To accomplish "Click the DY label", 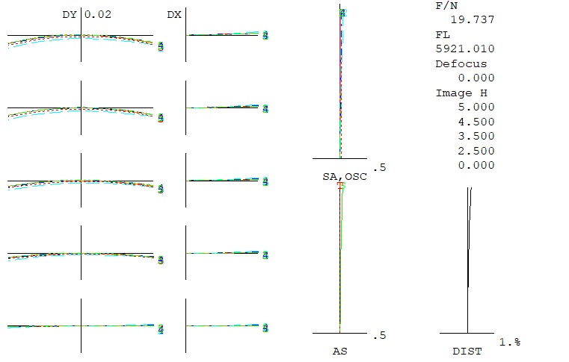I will [69, 14].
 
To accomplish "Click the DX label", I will [173, 14].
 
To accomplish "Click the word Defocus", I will [461, 63].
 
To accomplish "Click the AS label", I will [339, 350].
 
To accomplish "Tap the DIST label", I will [467, 350].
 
